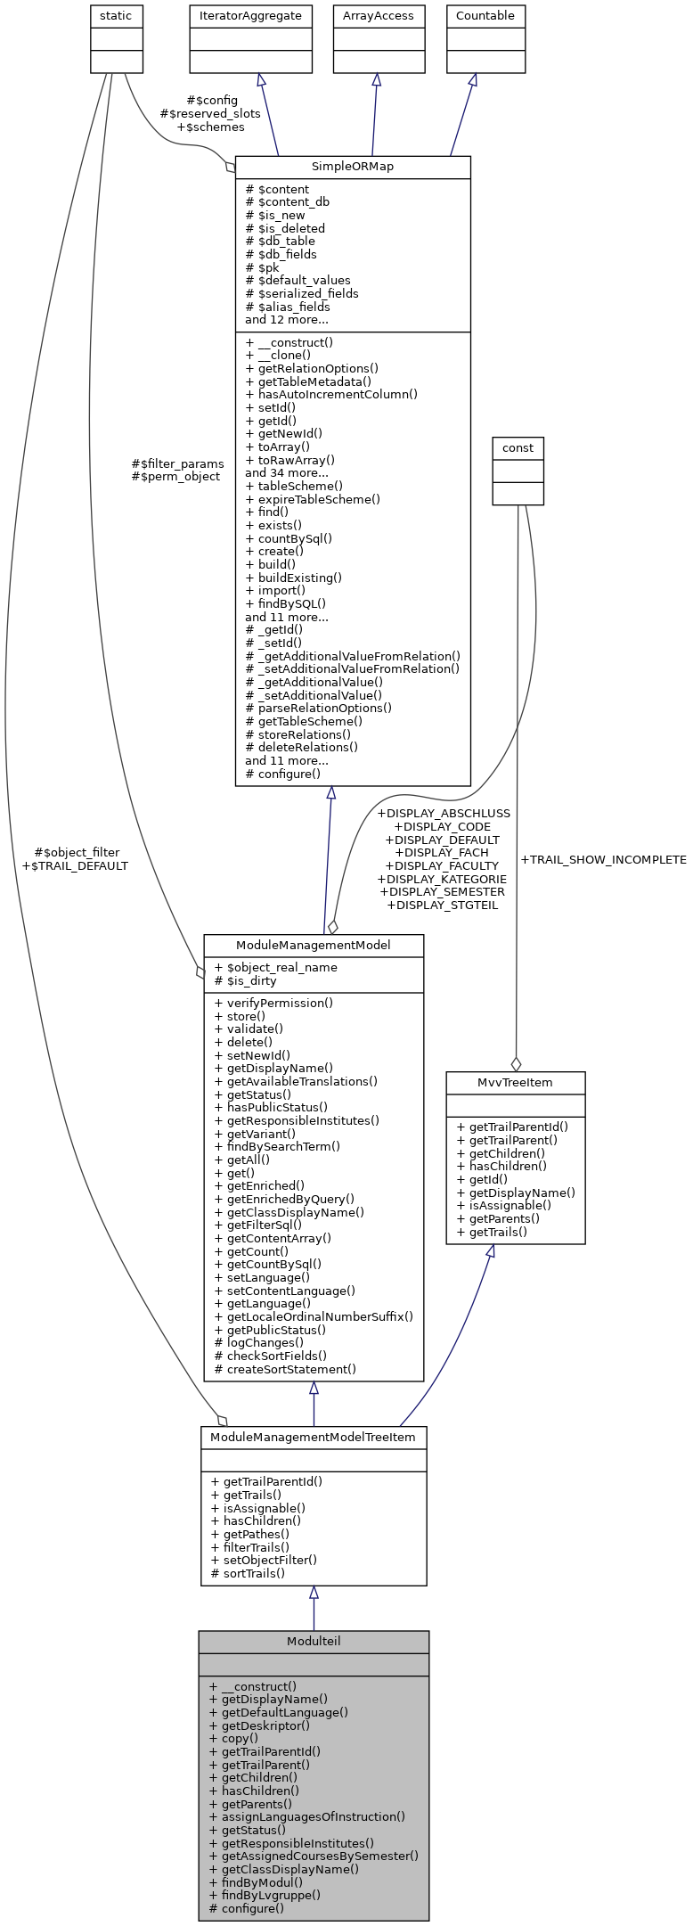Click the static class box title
117,16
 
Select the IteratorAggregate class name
250,16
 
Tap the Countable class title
485,16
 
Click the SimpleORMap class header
353,167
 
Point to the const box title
518,448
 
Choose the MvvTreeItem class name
515,1083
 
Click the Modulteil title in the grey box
314,1642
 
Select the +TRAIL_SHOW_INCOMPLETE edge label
603,860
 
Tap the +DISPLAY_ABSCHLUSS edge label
444,814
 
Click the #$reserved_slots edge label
210,114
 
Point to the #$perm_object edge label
175,477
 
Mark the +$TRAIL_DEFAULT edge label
75,865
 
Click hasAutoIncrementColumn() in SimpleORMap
331,394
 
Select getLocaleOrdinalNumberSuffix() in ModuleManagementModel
314,1316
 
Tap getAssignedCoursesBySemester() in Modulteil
314,1856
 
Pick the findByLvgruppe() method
265,1896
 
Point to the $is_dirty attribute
246,980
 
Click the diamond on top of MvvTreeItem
515,1063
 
